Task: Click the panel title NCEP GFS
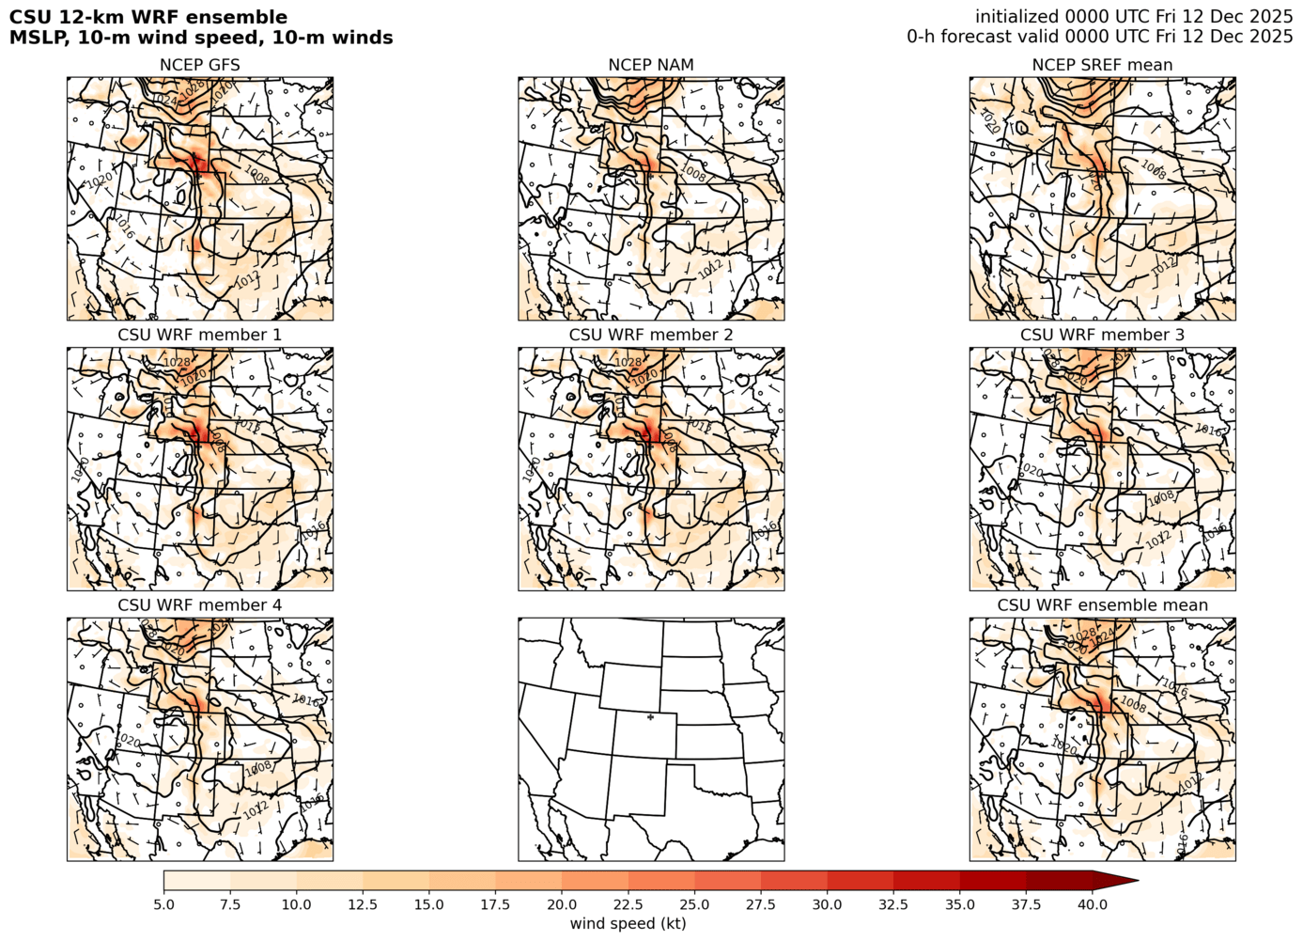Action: coord(199,65)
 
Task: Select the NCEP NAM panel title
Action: coord(651,65)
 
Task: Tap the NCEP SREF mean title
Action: coord(1102,65)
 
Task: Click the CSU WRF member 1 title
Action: coord(199,335)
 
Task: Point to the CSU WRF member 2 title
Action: coord(651,335)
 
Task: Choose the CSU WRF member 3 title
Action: coord(1102,335)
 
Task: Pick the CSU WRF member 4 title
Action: coord(199,604)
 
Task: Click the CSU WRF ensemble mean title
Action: coord(1102,604)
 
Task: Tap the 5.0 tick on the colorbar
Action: coord(163,904)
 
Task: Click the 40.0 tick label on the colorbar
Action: coord(1093,904)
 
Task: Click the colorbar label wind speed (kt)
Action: coord(628,923)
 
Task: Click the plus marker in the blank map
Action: coord(650,717)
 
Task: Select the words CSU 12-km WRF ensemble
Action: coord(148,17)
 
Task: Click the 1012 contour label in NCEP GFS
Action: coord(248,280)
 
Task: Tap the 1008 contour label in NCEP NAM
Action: coord(693,173)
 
